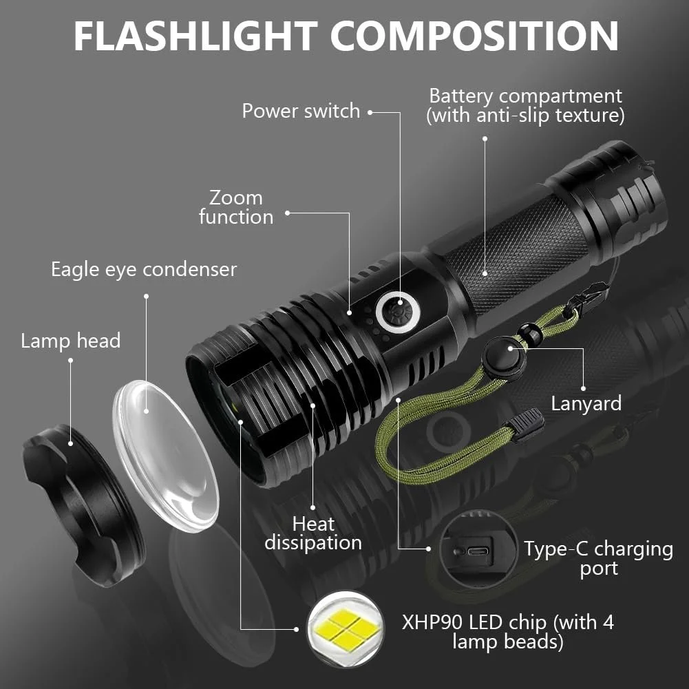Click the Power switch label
[301, 111]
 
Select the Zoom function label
[236, 207]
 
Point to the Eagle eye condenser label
[143, 269]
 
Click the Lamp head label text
[70, 341]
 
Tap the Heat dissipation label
[313, 533]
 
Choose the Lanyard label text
[586, 403]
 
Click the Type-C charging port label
[598, 558]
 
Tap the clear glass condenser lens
[165, 454]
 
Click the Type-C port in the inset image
[474, 551]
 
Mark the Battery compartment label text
[525, 105]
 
